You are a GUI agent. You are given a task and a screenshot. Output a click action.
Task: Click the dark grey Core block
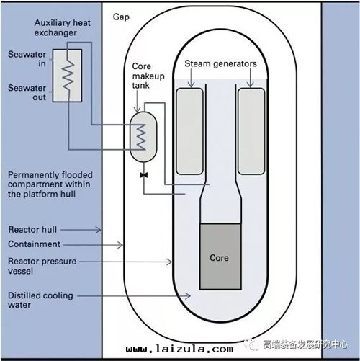(x=220, y=257)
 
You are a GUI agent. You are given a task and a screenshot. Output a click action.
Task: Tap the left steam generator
(x=189, y=131)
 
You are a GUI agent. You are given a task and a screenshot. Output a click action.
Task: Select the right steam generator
(x=251, y=131)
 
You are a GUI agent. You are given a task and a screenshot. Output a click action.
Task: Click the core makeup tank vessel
(x=143, y=137)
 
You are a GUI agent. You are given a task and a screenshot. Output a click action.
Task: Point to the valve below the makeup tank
(x=144, y=175)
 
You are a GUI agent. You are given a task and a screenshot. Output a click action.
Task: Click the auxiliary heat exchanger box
(x=67, y=76)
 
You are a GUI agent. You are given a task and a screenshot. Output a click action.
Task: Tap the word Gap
(x=121, y=17)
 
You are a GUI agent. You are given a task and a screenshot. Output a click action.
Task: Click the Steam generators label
(x=220, y=63)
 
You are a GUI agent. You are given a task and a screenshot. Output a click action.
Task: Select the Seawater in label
(x=27, y=59)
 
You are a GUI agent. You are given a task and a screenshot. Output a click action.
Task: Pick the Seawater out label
(x=27, y=92)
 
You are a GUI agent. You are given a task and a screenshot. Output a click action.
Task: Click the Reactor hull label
(x=32, y=230)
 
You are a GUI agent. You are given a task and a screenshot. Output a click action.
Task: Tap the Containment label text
(x=34, y=244)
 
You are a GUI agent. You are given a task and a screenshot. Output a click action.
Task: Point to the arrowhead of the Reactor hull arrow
(x=99, y=230)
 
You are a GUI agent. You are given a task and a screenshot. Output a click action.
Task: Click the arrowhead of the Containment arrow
(x=121, y=245)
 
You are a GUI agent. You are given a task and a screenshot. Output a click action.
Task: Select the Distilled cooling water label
(x=40, y=300)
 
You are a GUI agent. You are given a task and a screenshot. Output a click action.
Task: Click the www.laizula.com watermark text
(x=179, y=349)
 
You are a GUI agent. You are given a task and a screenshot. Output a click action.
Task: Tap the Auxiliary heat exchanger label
(x=63, y=27)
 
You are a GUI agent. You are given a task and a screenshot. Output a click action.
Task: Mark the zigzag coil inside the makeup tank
(x=141, y=137)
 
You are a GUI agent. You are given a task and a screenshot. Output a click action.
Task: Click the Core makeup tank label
(x=148, y=76)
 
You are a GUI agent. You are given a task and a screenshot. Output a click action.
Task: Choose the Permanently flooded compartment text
(x=50, y=184)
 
